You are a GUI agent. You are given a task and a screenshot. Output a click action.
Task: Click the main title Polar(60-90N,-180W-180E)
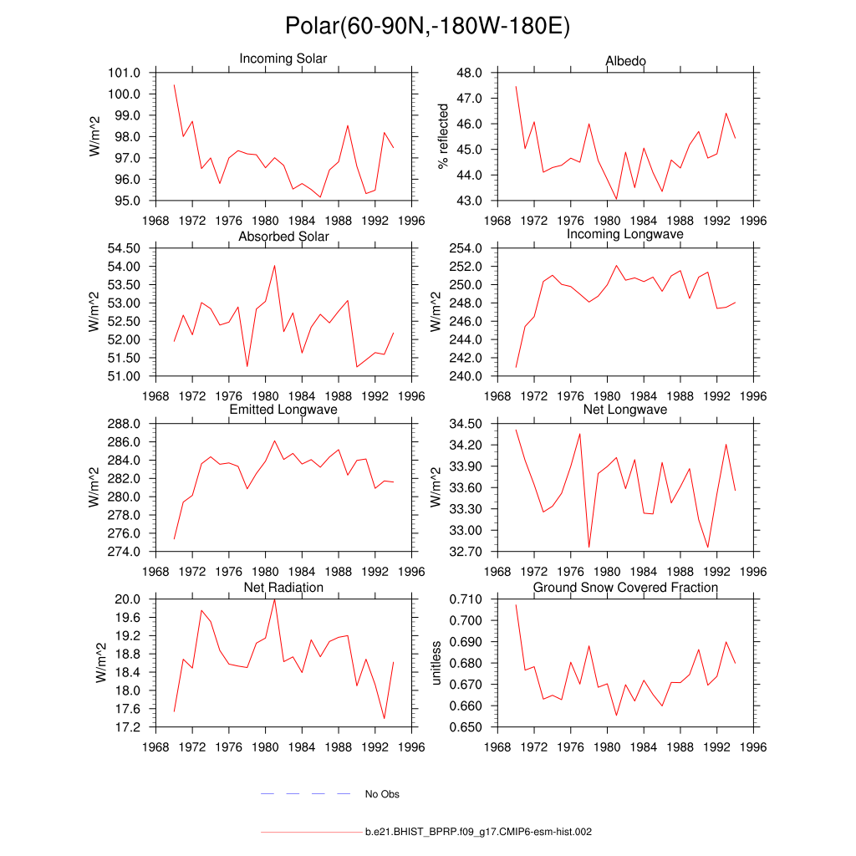coord(427,26)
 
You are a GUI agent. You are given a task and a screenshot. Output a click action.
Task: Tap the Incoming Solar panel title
coord(283,59)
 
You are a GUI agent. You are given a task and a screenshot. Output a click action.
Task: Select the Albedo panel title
coord(625,61)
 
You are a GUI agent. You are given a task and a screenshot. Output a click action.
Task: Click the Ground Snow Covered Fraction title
coord(625,588)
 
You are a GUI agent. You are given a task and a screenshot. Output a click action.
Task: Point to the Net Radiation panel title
coord(283,588)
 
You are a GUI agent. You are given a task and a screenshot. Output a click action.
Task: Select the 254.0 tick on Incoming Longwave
coord(465,248)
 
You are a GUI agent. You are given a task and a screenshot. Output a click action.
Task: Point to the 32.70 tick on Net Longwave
coord(465,552)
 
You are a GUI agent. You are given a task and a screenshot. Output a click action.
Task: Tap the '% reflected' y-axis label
coord(443,137)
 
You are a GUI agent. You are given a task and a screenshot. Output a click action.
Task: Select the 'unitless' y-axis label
coord(435,663)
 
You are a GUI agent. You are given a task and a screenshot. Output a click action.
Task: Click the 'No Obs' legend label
coord(382,794)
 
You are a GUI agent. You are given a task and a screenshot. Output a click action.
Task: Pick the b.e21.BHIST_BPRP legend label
coord(479,833)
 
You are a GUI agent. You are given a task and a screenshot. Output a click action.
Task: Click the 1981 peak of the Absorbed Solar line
coord(274,265)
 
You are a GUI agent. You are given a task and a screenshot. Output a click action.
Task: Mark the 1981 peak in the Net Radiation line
coord(274,599)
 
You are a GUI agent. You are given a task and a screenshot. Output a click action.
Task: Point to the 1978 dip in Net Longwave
coord(589,548)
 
